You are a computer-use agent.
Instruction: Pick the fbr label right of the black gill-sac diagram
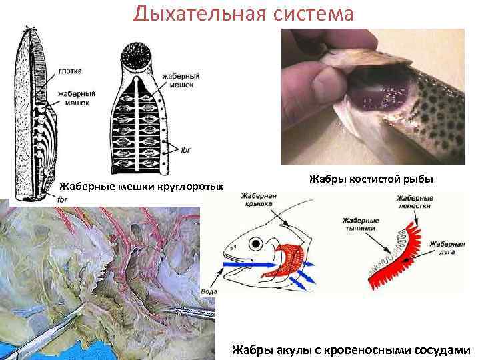[x=185, y=150]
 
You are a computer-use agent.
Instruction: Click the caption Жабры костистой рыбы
[x=371, y=179]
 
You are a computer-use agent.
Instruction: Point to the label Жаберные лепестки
[x=414, y=202]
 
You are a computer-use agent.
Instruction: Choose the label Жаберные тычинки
[x=360, y=223]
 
